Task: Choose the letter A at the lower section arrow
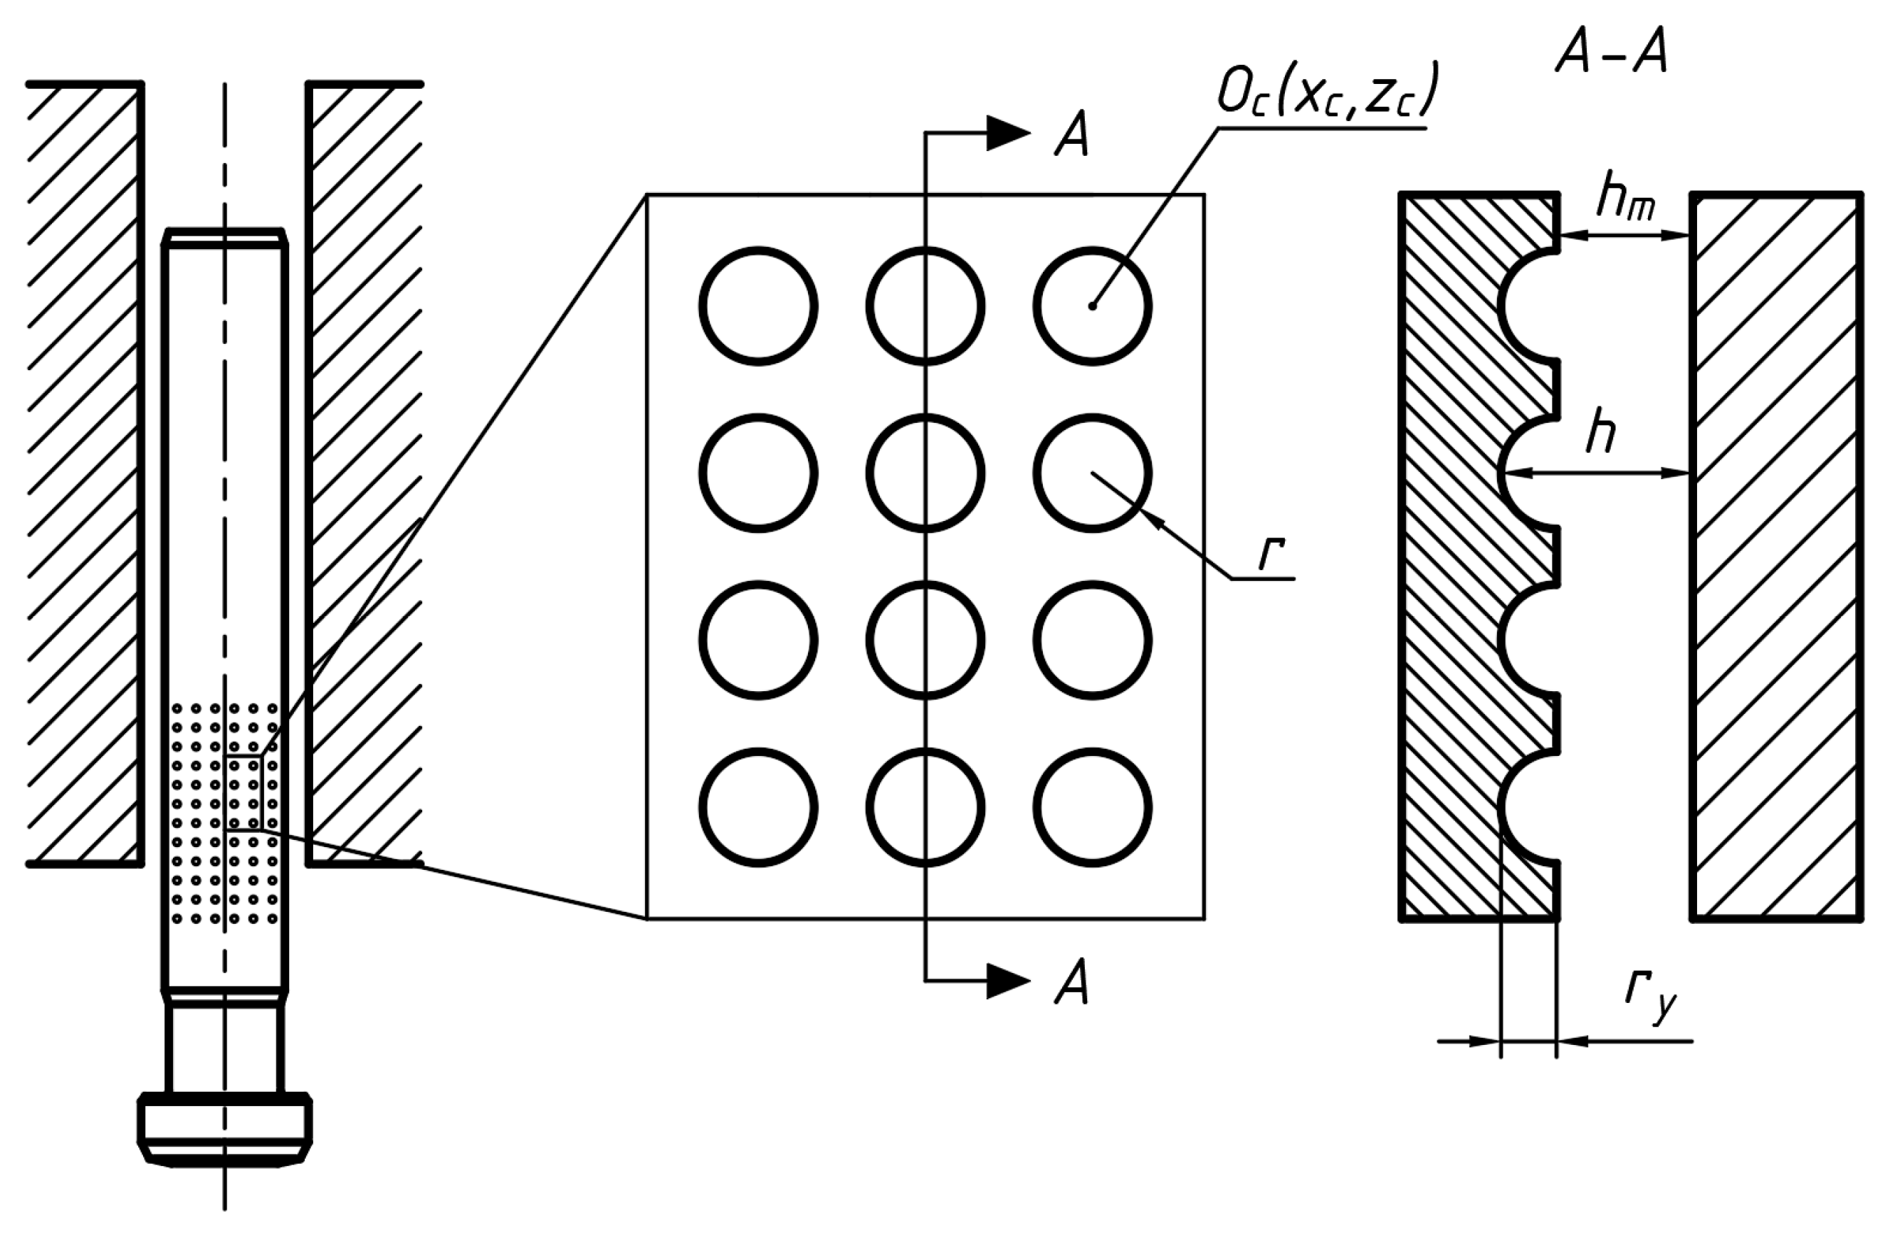click(x=1071, y=982)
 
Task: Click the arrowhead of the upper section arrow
click(x=1008, y=133)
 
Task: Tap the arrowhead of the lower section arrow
click(x=1008, y=981)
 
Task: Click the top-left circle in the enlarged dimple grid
click(x=758, y=307)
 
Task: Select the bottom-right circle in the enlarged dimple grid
click(x=1093, y=807)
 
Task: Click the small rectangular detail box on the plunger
click(x=243, y=792)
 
